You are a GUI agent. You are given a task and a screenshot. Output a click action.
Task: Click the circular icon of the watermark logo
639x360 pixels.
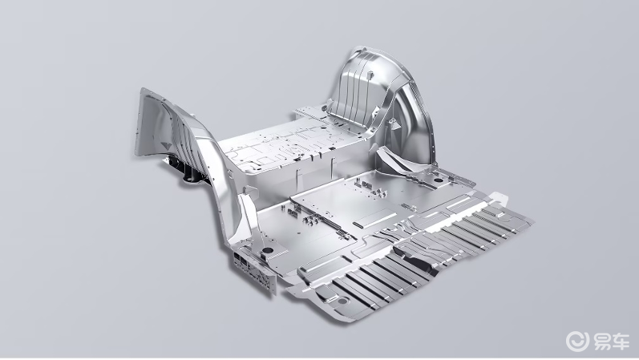click(577, 341)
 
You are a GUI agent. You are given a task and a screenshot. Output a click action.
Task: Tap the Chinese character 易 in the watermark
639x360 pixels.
click(601, 341)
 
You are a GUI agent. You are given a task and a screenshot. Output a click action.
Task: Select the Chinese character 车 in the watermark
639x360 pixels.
click(621, 341)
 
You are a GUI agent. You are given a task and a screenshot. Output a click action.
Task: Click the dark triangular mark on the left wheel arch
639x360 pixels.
click(166, 146)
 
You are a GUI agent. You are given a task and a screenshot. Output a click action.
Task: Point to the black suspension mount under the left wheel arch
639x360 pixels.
click(185, 171)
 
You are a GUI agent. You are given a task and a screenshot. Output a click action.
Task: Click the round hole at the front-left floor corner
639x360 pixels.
click(268, 250)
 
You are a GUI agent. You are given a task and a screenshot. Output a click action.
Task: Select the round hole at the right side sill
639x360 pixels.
click(439, 180)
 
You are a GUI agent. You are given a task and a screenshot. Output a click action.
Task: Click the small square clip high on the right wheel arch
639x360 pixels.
click(370, 75)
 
